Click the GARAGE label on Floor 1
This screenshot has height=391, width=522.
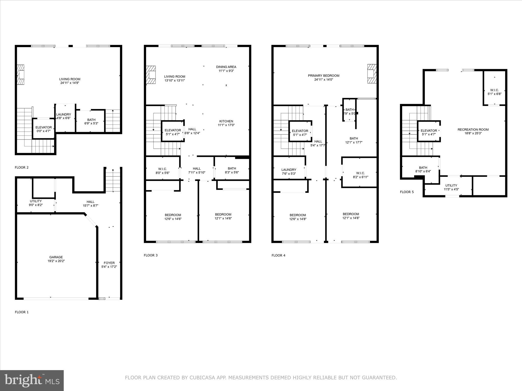[56, 257]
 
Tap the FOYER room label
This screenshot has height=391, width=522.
[109, 263]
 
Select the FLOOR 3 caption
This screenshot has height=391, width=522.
[151, 255]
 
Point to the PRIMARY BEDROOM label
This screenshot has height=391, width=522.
[323, 76]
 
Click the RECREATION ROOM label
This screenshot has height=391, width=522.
[473, 130]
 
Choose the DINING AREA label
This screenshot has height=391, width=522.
[226, 67]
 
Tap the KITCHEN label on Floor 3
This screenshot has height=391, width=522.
[226, 121]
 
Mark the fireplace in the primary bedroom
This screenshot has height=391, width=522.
[371, 74]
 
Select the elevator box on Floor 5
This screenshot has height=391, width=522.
[429, 131]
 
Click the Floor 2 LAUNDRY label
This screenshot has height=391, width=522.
[63, 115]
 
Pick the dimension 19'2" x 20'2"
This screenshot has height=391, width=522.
[56, 261]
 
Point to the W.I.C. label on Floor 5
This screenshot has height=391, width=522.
[494, 90]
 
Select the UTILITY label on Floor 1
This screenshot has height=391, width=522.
[36, 201]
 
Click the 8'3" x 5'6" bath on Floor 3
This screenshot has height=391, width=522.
[232, 170]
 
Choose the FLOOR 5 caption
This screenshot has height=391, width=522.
[407, 192]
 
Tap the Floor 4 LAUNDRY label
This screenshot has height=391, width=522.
[289, 170]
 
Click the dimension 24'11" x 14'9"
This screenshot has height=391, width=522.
[70, 83]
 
